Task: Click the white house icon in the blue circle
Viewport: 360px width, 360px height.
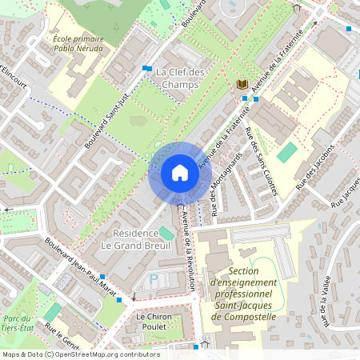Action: point(179,173)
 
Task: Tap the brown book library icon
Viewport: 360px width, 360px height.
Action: point(241,83)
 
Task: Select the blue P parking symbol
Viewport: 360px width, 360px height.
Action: point(154,279)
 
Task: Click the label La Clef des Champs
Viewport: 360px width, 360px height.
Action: point(180,78)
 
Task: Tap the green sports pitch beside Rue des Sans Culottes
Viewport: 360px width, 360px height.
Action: point(286,152)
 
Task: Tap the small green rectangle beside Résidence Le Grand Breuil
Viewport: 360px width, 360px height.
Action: point(166,233)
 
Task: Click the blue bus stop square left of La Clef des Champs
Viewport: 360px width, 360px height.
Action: point(146,69)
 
